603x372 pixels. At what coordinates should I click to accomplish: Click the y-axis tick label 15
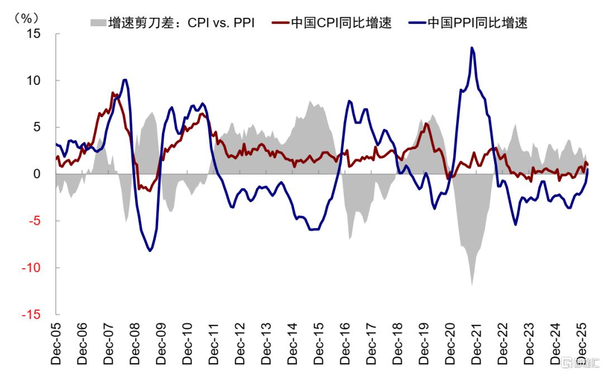pyautogui.click(x=33, y=34)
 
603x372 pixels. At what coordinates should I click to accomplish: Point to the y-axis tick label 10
pyautogui.click(x=33, y=81)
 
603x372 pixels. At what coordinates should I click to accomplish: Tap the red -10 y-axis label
pyautogui.click(x=31, y=268)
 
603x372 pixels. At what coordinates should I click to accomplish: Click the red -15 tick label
pyautogui.click(x=31, y=314)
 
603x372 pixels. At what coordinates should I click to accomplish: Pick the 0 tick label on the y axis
pyautogui.click(x=37, y=174)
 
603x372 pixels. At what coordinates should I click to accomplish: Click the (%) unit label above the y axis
pyautogui.click(x=26, y=18)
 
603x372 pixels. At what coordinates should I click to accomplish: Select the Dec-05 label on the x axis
pyautogui.click(x=56, y=344)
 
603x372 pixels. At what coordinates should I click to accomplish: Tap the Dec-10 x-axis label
pyautogui.click(x=187, y=344)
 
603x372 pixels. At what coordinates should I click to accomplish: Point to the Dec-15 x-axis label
pyautogui.click(x=319, y=344)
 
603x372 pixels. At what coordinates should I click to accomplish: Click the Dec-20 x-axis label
pyautogui.click(x=450, y=344)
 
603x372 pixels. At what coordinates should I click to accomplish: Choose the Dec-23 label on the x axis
pyautogui.click(x=529, y=344)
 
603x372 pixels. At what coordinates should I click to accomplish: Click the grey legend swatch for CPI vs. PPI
pyautogui.click(x=98, y=23)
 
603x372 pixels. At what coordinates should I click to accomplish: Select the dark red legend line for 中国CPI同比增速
pyautogui.click(x=280, y=23)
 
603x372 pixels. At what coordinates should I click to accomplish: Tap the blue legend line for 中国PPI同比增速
pyautogui.click(x=417, y=23)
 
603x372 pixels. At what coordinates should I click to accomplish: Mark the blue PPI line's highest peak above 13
pyautogui.click(x=472, y=48)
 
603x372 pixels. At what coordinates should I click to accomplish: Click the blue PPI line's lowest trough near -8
pyautogui.click(x=150, y=250)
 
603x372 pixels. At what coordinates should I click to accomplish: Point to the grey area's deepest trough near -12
pyautogui.click(x=472, y=284)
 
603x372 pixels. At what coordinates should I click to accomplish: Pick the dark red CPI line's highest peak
pyautogui.click(x=113, y=93)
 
